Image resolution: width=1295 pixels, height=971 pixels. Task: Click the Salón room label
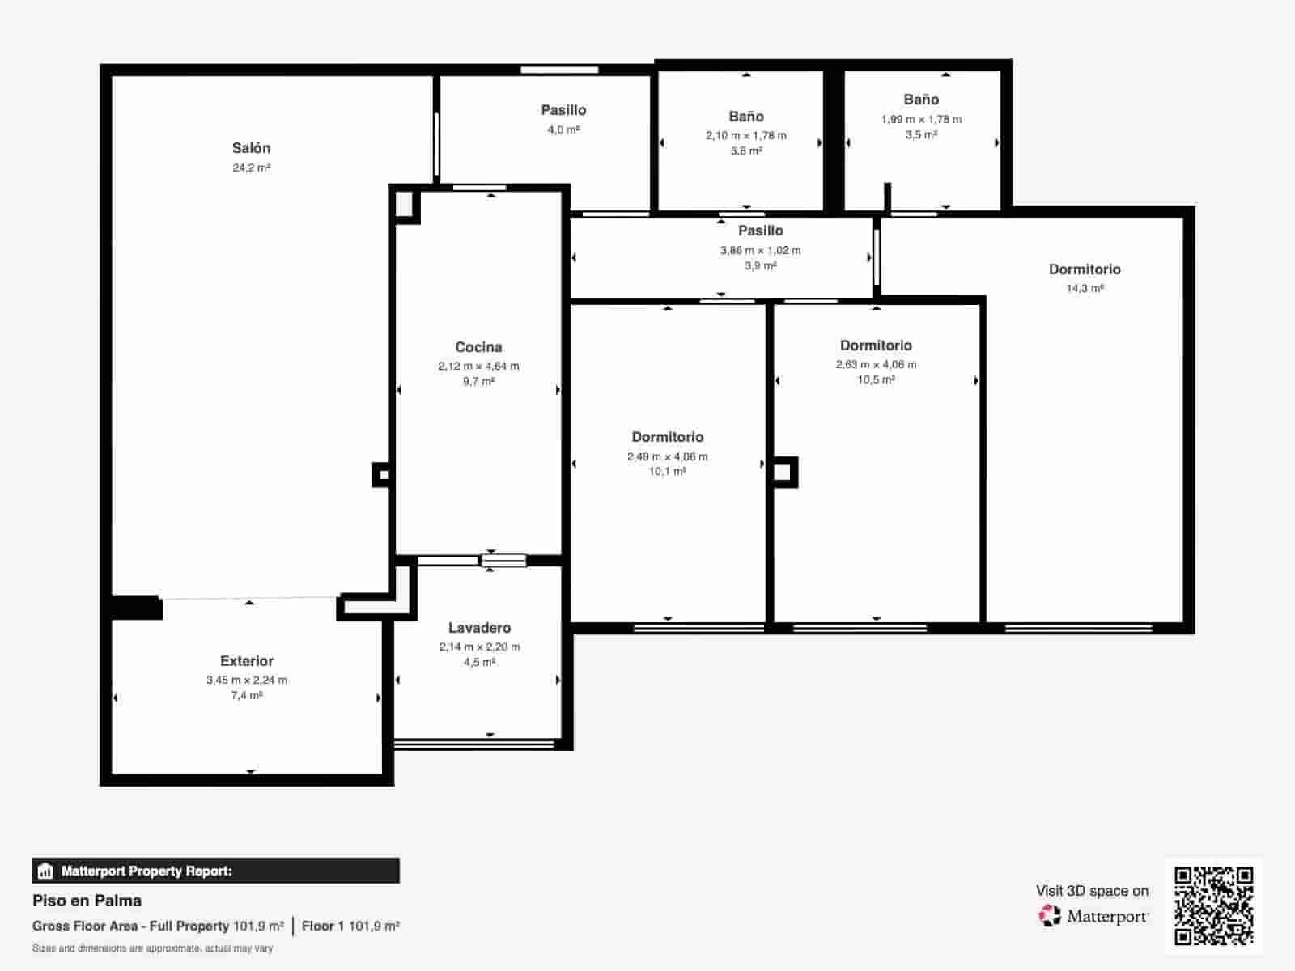tap(251, 148)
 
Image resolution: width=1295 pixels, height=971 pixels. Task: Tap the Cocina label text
tap(478, 347)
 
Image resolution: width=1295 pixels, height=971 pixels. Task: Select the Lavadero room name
tap(479, 628)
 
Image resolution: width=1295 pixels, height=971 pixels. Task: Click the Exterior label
tap(247, 661)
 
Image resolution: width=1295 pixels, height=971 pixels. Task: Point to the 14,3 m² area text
tap(1085, 289)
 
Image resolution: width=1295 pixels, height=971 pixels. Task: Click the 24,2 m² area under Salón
tap(251, 168)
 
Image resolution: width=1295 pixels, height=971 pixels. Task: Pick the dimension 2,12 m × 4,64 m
tap(478, 367)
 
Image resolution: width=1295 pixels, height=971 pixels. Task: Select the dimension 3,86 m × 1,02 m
tap(760, 251)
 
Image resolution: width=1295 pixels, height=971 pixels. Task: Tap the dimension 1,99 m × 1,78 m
tap(921, 120)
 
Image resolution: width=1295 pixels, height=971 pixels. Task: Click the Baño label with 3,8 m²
tap(745, 117)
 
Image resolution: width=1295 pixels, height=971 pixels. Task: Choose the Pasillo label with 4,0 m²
tap(563, 110)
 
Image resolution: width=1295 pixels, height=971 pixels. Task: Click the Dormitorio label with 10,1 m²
tap(667, 437)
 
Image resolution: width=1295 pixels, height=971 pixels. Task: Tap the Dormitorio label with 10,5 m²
tap(876, 346)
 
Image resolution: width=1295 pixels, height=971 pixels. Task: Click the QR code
tap(1213, 905)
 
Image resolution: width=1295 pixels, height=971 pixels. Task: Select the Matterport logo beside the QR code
tap(1093, 916)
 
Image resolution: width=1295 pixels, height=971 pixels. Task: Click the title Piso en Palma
tap(87, 901)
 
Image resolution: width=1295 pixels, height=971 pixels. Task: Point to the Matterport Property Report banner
tap(215, 871)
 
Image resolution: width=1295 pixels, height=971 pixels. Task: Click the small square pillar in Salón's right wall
tap(382, 475)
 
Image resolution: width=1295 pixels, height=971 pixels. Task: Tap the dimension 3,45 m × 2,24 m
tap(247, 681)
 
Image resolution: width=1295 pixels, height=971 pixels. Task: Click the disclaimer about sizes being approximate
tap(152, 948)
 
